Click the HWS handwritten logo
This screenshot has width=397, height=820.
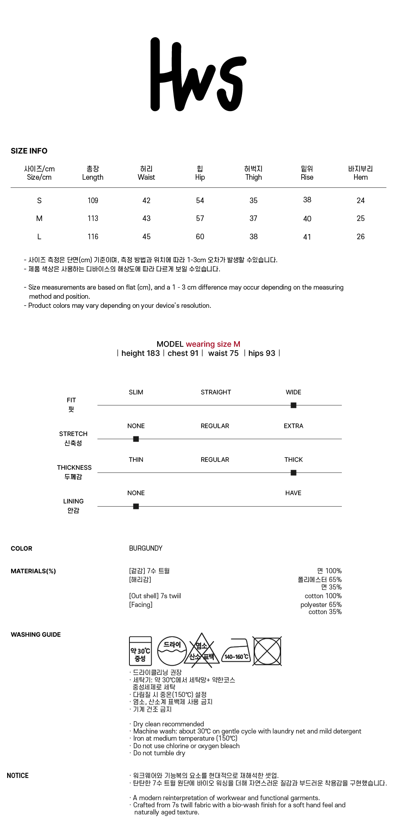click(198, 75)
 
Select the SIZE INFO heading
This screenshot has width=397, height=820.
click(29, 151)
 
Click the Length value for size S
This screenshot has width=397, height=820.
click(93, 201)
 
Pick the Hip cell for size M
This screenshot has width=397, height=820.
click(200, 219)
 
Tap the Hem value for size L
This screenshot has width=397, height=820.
click(360, 237)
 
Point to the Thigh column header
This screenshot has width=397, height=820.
click(253, 173)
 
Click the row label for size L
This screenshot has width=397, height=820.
click(39, 237)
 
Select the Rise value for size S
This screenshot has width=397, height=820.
click(307, 200)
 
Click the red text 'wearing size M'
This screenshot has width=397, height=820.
click(213, 344)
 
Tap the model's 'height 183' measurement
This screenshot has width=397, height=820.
click(141, 353)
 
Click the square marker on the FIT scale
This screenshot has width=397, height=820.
click(293, 405)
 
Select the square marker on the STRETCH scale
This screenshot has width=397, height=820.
click(136, 439)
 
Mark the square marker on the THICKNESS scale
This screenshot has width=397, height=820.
click(293, 473)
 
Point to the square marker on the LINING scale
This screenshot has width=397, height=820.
click(136, 507)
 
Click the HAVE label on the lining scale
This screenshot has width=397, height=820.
click(293, 493)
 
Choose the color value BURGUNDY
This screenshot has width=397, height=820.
click(146, 548)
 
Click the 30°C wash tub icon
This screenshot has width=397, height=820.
click(140, 651)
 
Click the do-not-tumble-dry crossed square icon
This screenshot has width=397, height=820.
click(267, 651)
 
